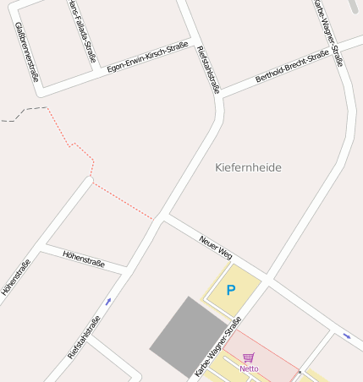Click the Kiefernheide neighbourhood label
(x=248, y=167)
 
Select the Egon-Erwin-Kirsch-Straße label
(x=147, y=57)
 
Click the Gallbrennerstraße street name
(x=28, y=52)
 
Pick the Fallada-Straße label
(x=80, y=31)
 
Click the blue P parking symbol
(x=230, y=291)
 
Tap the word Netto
(x=249, y=368)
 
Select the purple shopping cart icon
(x=248, y=358)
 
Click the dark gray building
(x=188, y=336)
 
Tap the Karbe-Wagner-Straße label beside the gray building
(x=218, y=347)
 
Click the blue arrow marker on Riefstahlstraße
(x=107, y=302)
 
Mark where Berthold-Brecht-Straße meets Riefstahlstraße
(x=222, y=97)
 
